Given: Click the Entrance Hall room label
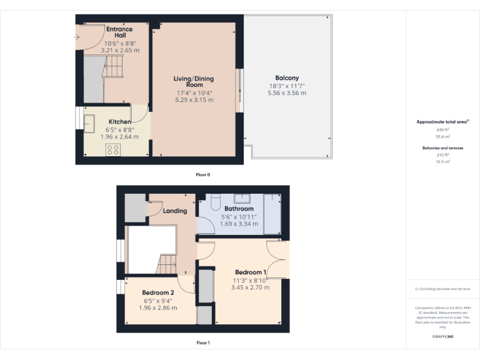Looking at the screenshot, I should pyautogui.click(x=119, y=32).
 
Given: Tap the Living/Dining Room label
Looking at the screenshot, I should pyautogui.click(x=194, y=82).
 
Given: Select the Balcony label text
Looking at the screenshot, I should pyautogui.click(x=287, y=79).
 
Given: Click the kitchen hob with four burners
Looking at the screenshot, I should pyautogui.click(x=113, y=149).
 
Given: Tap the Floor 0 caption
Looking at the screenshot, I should pyautogui.click(x=202, y=174).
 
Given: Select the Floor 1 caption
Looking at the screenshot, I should pyautogui.click(x=202, y=342).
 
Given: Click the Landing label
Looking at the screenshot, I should pyautogui.click(x=175, y=211).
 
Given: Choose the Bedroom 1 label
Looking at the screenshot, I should pyautogui.click(x=251, y=272).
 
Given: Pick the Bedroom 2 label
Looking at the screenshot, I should pyautogui.click(x=157, y=292).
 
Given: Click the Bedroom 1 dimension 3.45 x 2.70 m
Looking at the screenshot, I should pyautogui.click(x=251, y=287).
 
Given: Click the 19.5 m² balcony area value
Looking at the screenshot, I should pyautogui.click(x=442, y=161).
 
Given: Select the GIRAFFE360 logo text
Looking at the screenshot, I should pyautogui.click(x=442, y=337).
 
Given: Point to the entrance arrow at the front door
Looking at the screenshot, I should pyautogui.click(x=76, y=37).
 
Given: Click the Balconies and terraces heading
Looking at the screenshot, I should pyautogui.click(x=442, y=148).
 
